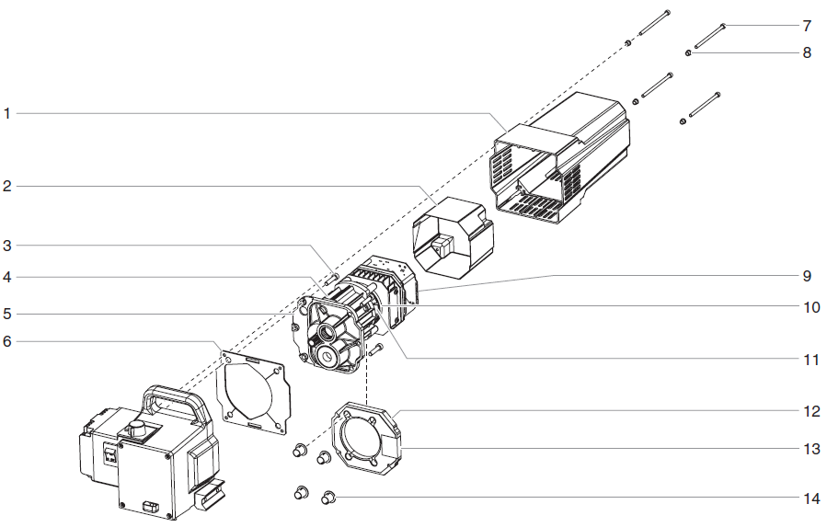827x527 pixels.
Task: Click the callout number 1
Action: point(7,114)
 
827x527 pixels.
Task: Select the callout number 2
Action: point(7,187)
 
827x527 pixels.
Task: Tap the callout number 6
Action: point(7,341)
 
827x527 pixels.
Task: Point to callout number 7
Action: point(807,25)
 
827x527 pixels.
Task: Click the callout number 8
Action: point(807,53)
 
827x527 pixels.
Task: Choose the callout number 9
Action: point(807,275)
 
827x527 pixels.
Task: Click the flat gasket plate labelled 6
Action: point(252,391)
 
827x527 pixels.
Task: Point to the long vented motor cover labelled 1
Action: point(561,161)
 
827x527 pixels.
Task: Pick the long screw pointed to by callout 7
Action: point(711,36)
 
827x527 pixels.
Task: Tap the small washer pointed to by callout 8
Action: point(688,53)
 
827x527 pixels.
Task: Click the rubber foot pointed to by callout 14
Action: point(327,498)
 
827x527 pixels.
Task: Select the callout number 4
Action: point(7,277)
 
